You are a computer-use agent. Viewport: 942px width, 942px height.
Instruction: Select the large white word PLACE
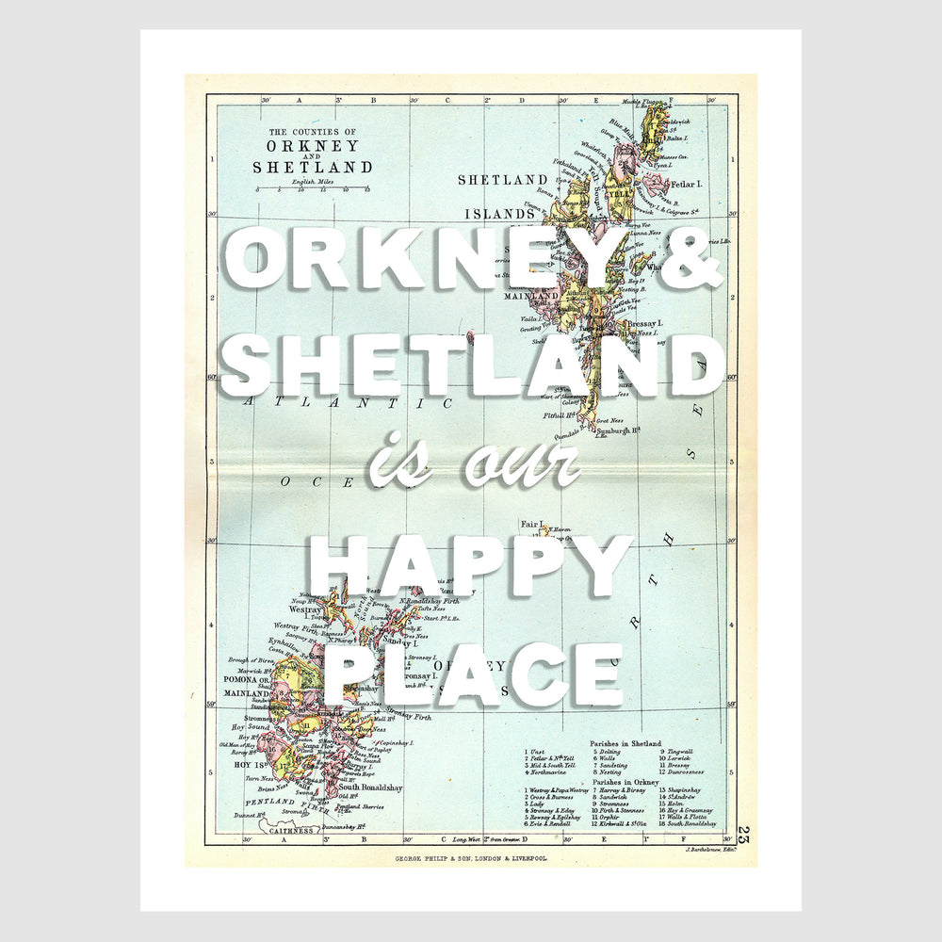coord(471,675)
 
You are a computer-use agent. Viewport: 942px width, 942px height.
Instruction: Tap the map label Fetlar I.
coord(688,184)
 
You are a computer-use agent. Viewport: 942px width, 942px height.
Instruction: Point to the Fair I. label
coord(534,524)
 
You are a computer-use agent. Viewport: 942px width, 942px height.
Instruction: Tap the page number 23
coord(744,833)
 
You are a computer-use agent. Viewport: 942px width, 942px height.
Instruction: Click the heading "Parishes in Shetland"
coord(625,743)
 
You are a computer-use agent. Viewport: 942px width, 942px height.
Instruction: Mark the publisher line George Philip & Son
coord(473,859)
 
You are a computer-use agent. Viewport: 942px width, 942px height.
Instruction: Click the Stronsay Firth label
coord(409,718)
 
